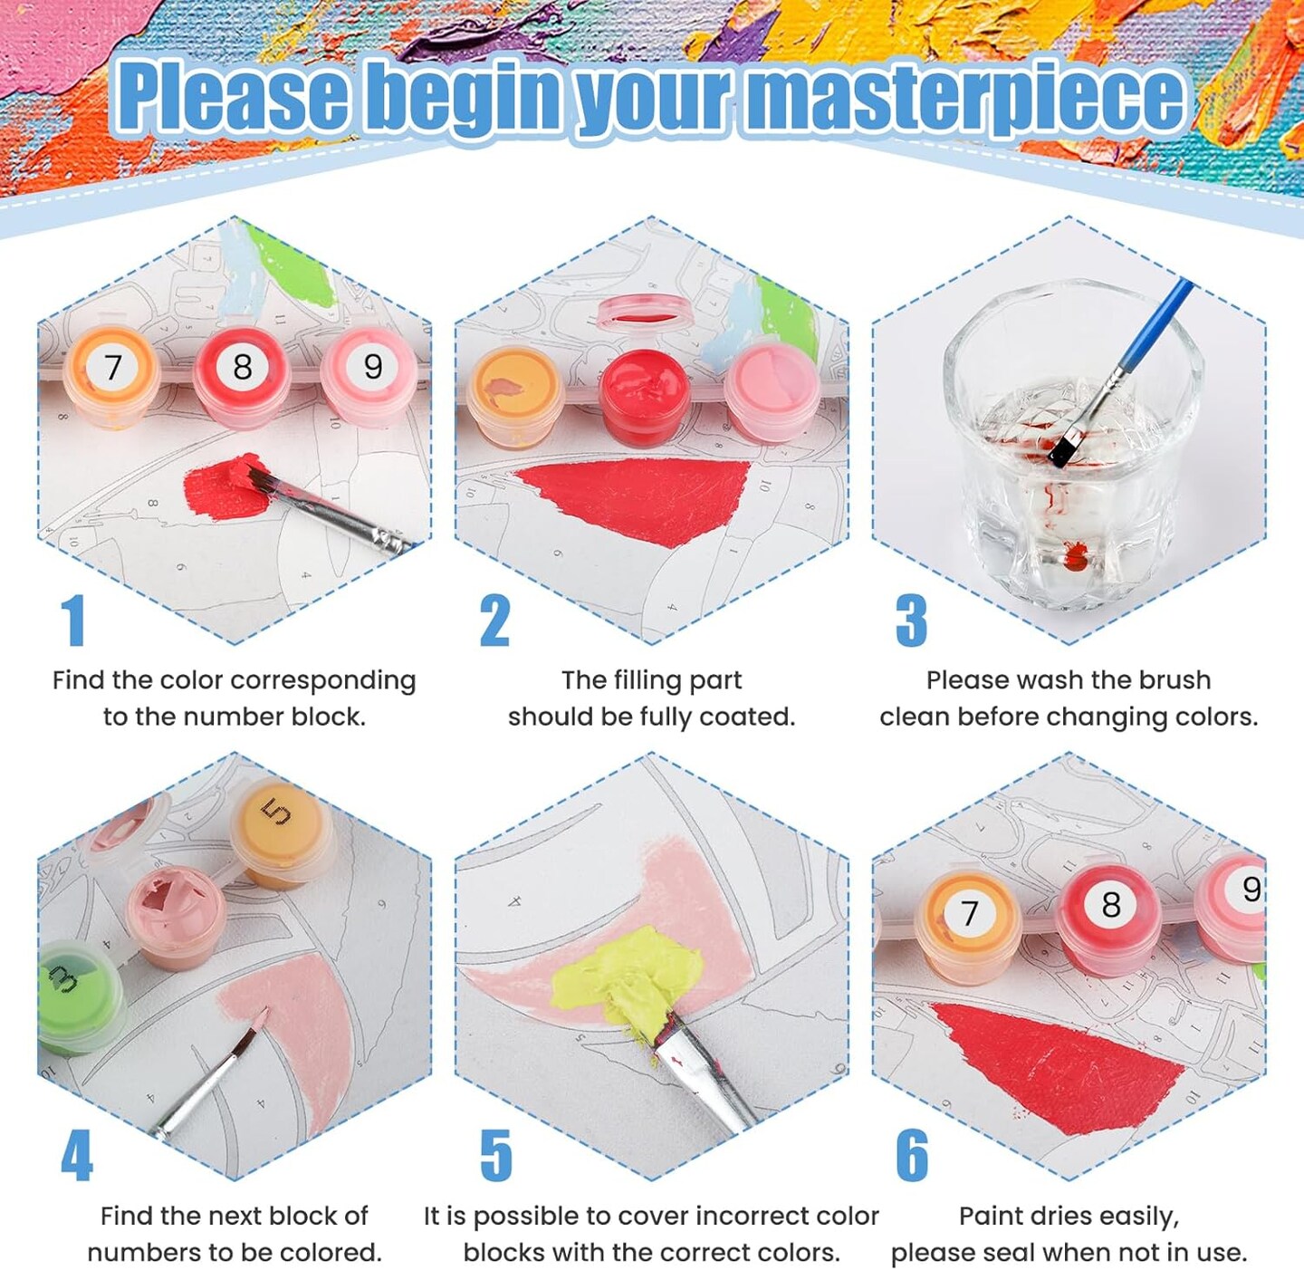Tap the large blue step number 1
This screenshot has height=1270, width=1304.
[73, 621]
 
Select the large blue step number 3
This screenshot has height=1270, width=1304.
[911, 621]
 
